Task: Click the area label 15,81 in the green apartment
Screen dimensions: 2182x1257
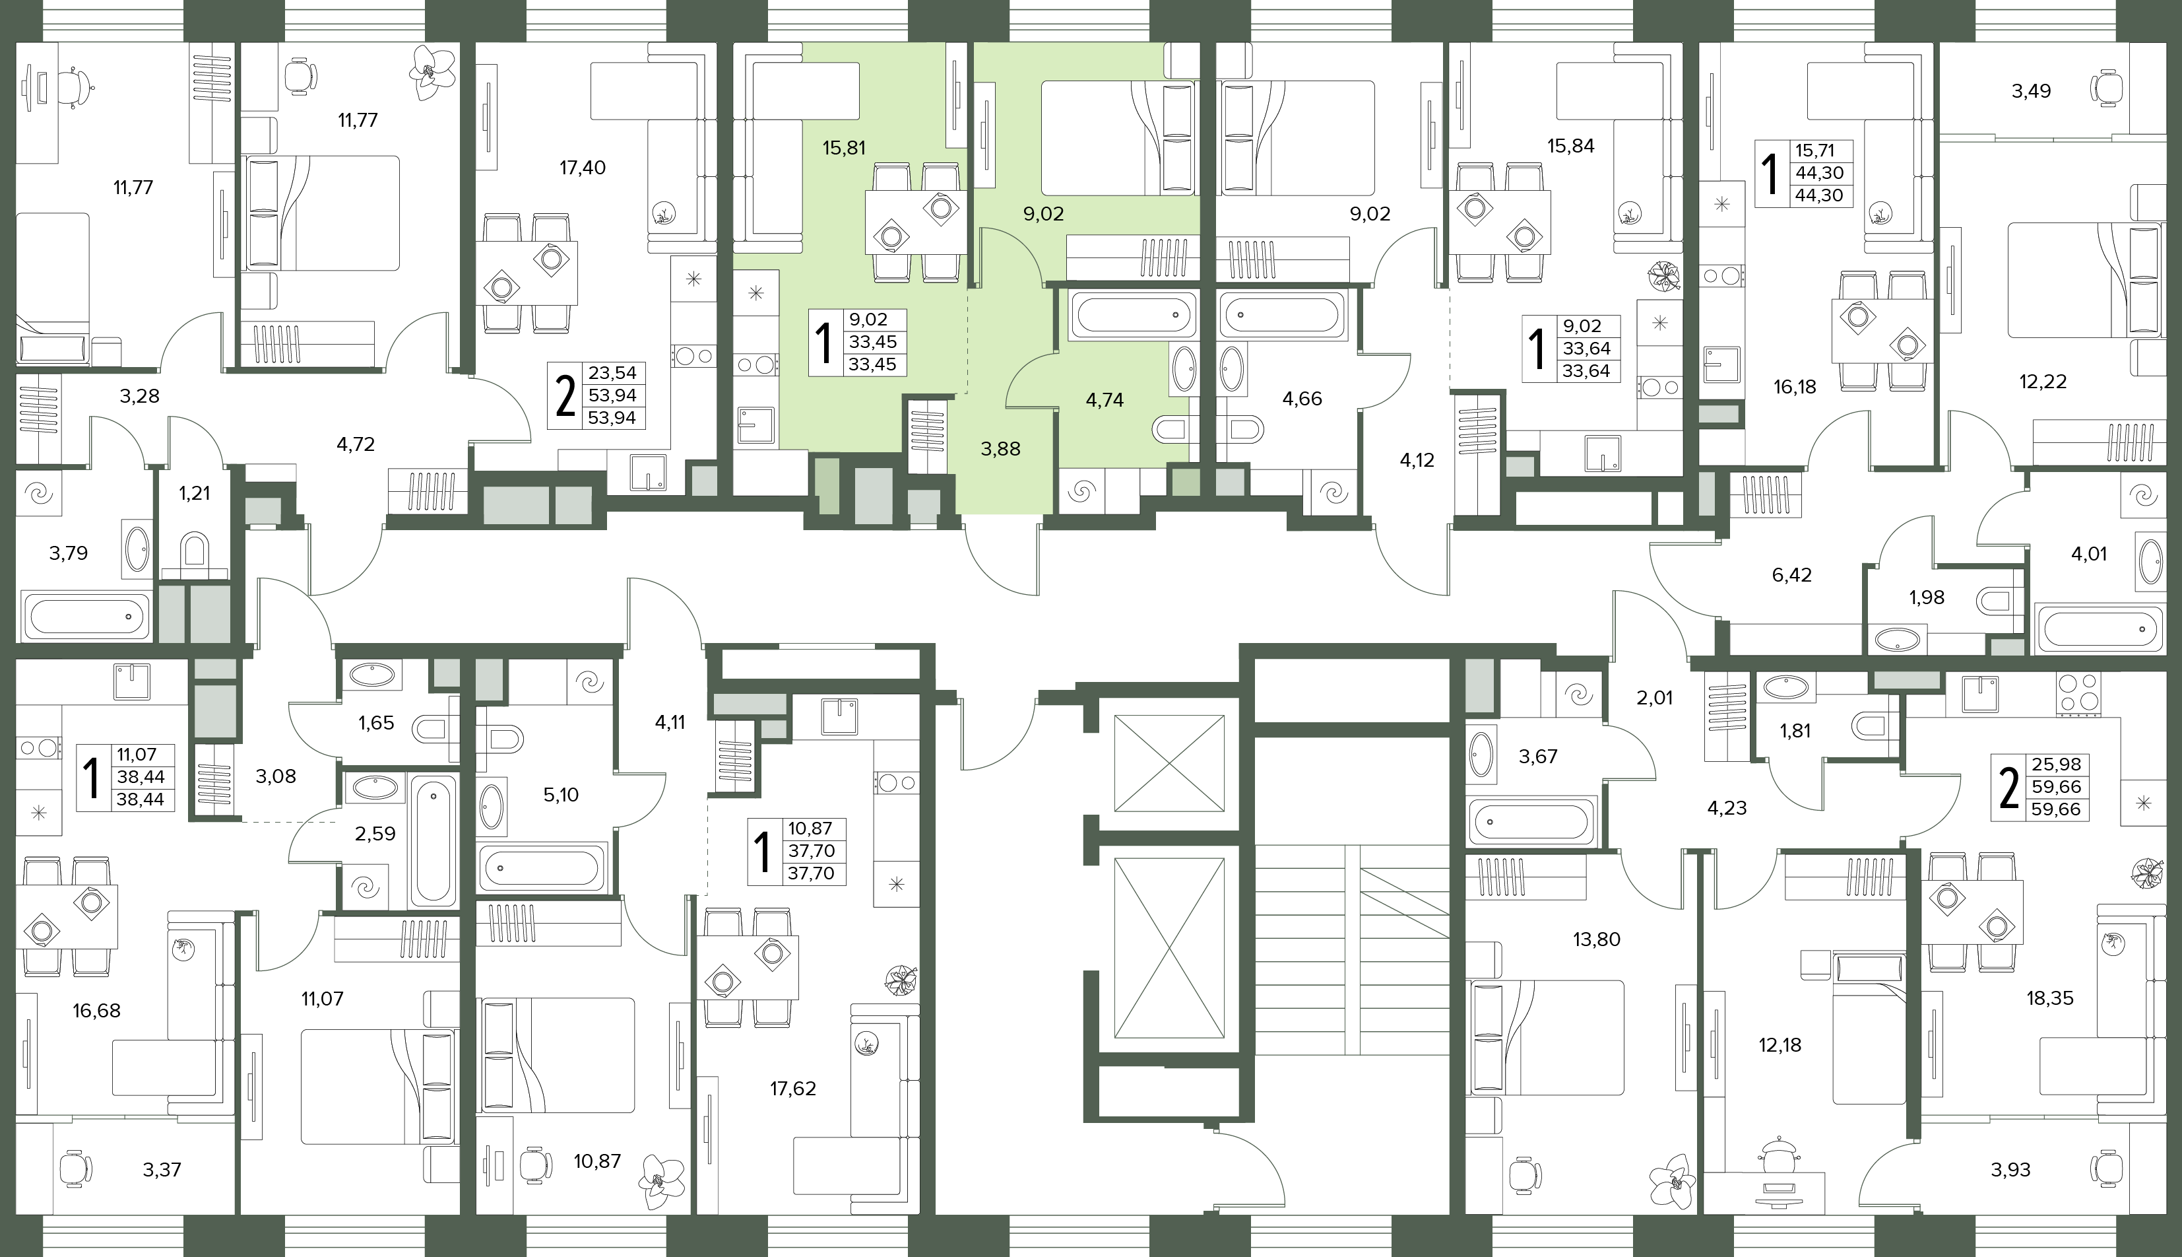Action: coord(844,148)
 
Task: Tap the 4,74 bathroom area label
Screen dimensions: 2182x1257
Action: coord(1105,399)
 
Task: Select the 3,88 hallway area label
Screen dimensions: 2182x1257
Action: coord(1001,449)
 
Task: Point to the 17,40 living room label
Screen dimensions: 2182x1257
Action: coord(583,168)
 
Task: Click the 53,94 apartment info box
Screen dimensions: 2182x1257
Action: coord(597,395)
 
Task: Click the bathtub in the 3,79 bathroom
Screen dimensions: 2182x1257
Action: coord(85,617)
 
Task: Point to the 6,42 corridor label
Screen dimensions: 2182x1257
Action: coord(1791,575)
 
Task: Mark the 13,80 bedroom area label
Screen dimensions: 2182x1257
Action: coord(1596,939)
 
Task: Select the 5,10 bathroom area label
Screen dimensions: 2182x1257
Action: coord(561,795)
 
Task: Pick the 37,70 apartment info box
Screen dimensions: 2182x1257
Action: coord(797,851)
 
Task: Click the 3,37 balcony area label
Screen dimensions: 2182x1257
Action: coord(162,1170)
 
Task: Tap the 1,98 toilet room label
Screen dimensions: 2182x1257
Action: coord(1927,597)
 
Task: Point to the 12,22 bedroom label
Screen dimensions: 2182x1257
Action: coord(2043,382)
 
